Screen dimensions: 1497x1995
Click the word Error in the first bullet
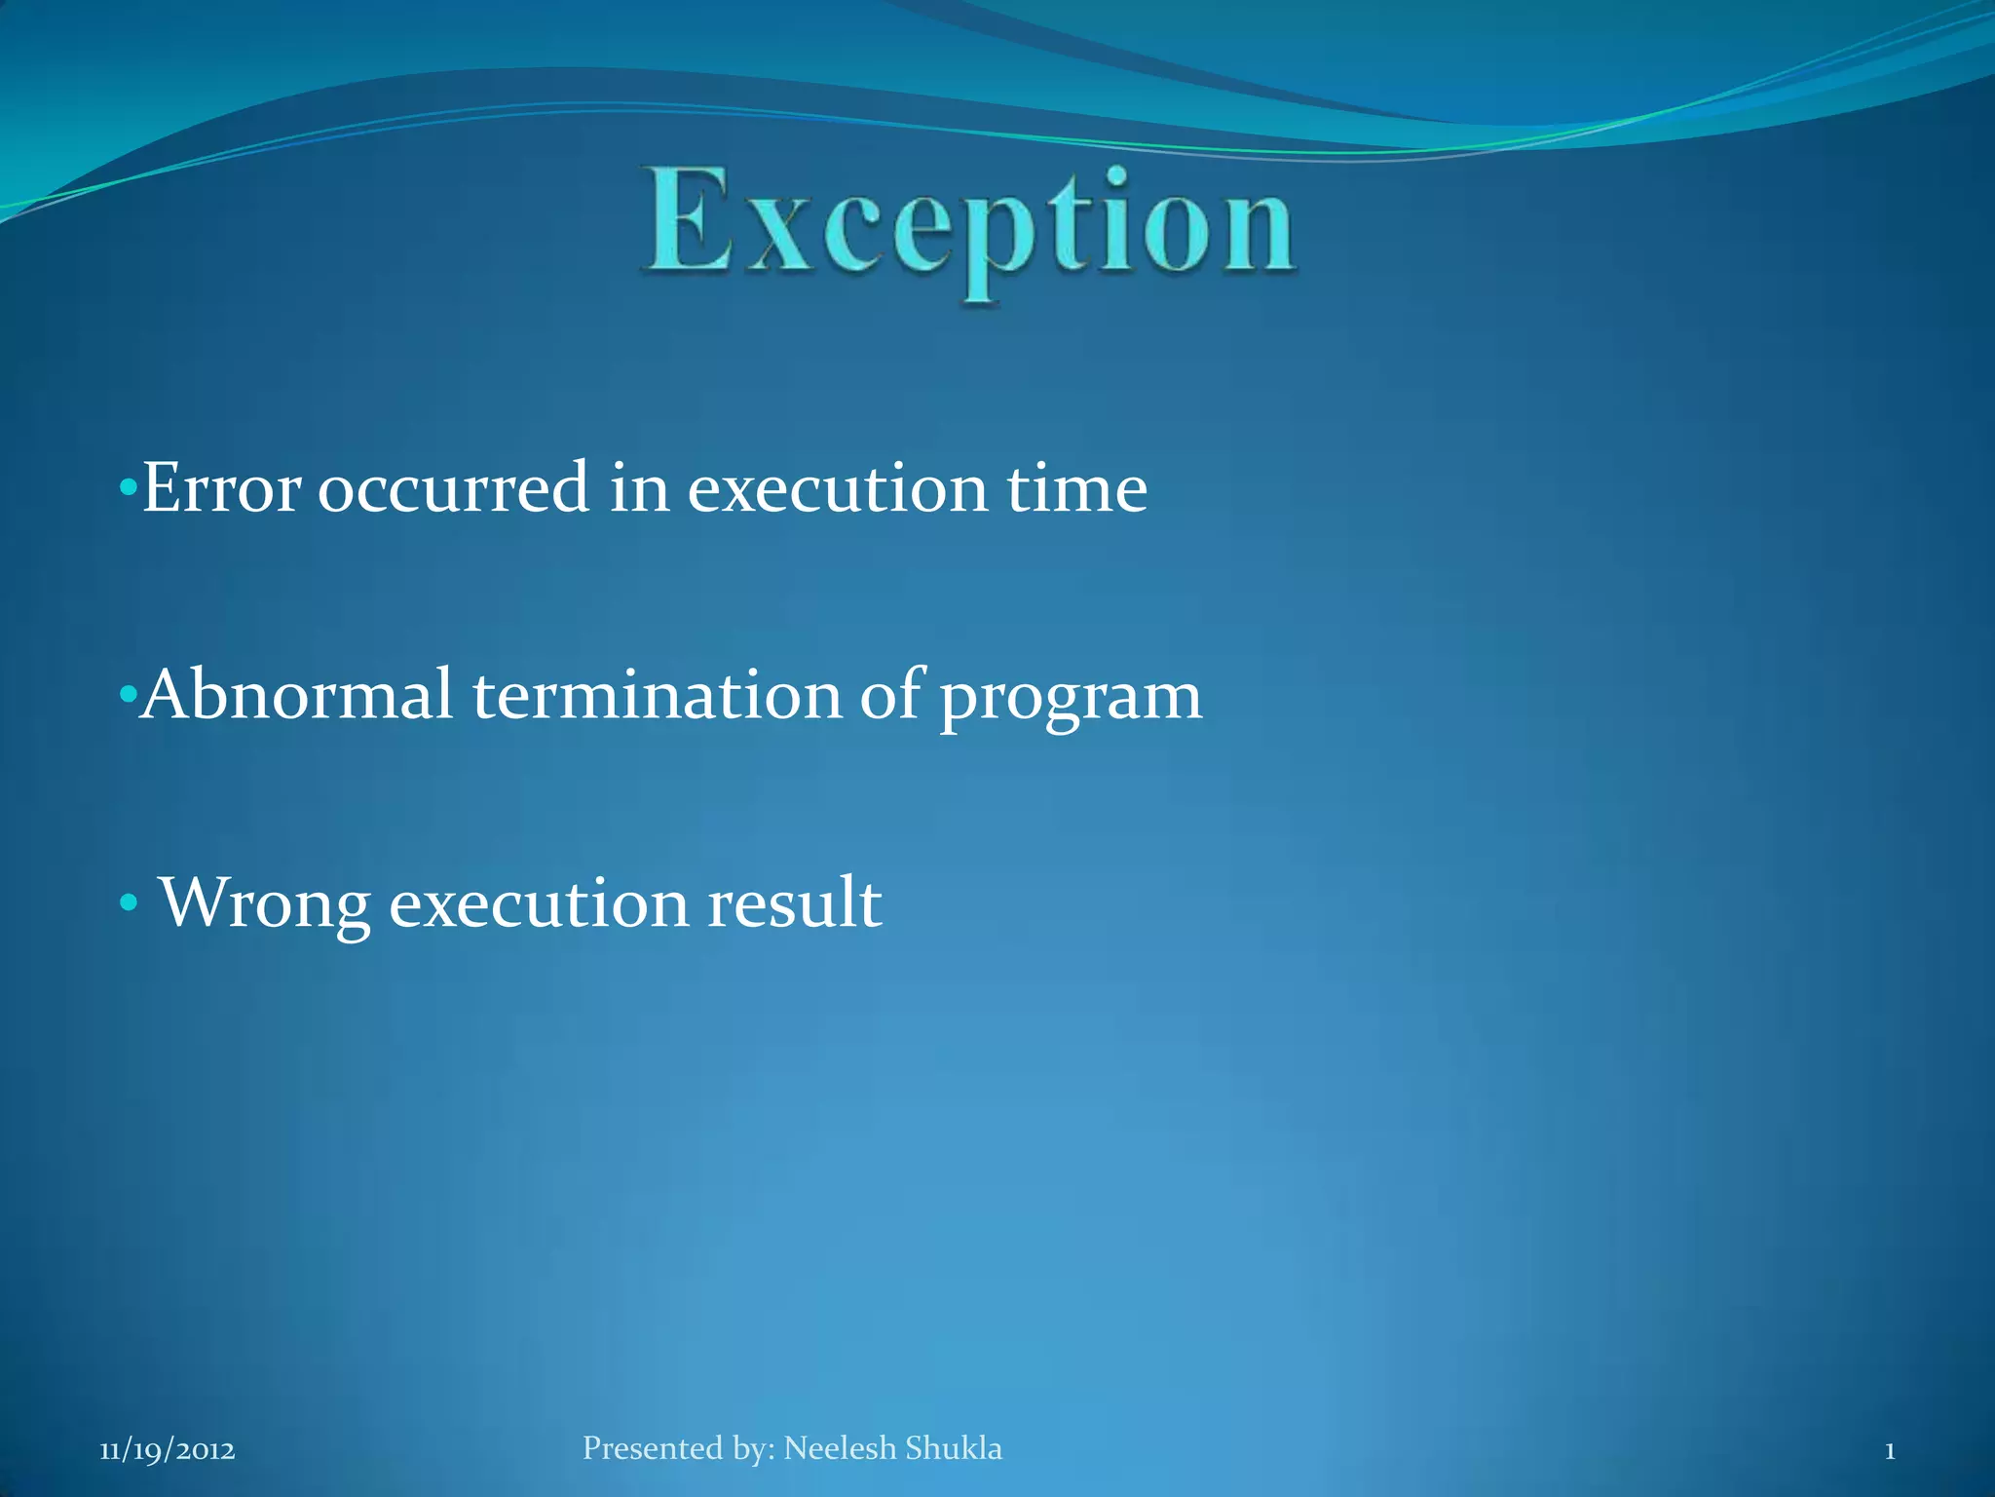coord(220,487)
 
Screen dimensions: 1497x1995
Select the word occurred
coord(453,487)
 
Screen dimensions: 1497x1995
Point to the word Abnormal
coord(297,695)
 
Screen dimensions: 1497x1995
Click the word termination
coord(658,695)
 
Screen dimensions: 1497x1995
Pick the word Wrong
coord(264,903)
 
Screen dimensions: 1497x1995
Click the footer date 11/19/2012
coord(168,1450)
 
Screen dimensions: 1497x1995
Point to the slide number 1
coord(1889,1451)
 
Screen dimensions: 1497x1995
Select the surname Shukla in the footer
coord(954,1448)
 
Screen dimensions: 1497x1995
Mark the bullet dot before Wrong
coord(128,904)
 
